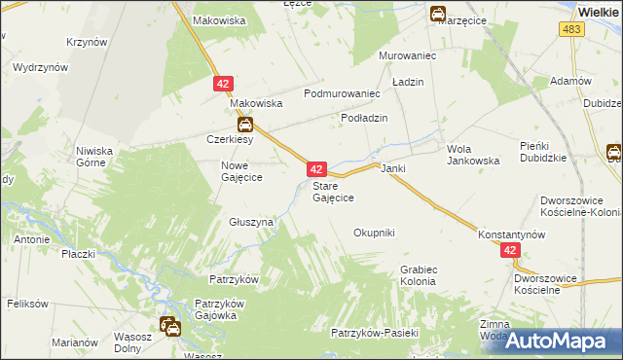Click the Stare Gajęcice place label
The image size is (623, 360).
click(332, 192)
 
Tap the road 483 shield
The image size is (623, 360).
click(572, 31)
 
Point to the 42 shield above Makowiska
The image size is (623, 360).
click(223, 86)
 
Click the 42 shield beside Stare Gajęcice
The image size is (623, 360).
click(317, 169)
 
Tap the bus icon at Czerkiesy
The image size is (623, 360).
click(246, 125)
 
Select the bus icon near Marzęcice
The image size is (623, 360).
click(439, 14)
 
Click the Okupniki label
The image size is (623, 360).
click(374, 233)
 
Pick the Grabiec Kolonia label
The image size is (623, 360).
click(418, 275)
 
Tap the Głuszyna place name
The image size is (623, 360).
click(251, 222)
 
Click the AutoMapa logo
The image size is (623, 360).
click(557, 341)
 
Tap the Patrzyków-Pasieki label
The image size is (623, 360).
click(374, 333)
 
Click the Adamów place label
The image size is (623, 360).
click(571, 81)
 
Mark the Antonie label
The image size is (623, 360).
click(32, 237)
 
